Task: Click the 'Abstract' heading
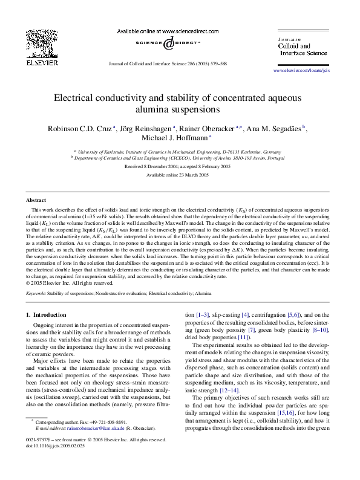coord(36,200)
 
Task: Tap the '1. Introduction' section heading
coord(46,315)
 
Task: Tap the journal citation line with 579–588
coord(166,63)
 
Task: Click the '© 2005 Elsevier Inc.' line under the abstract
coord(70,282)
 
